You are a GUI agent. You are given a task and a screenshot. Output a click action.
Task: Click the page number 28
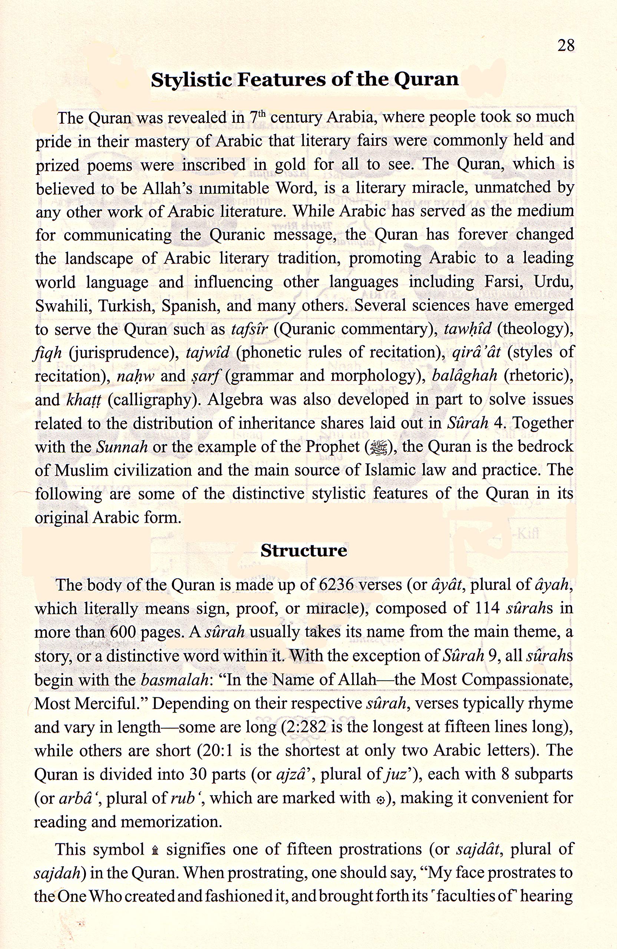click(566, 46)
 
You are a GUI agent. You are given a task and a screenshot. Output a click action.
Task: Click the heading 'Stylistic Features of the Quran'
click(305, 79)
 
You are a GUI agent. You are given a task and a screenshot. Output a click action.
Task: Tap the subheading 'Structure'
click(304, 550)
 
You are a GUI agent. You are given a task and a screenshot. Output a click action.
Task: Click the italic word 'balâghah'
click(464, 376)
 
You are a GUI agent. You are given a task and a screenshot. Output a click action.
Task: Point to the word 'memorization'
click(171, 822)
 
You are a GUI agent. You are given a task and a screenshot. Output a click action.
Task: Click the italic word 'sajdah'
click(58, 873)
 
